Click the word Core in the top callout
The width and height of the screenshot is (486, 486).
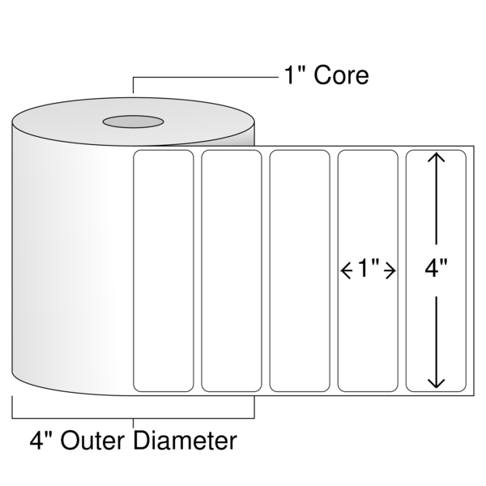pyautogui.click(x=341, y=75)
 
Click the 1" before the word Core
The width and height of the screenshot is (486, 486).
pyautogui.click(x=294, y=75)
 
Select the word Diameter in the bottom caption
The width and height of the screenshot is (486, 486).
pyautogui.click(x=185, y=441)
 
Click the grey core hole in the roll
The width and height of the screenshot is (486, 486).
pyautogui.click(x=134, y=122)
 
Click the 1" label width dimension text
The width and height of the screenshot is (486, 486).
pyautogui.click(x=369, y=268)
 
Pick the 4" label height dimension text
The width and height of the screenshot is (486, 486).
pyautogui.click(x=436, y=268)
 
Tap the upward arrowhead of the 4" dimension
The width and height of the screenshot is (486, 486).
pyautogui.click(x=436, y=157)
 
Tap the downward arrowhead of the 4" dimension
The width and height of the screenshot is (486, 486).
pyautogui.click(x=436, y=383)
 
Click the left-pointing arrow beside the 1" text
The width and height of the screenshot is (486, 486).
pyautogui.click(x=347, y=271)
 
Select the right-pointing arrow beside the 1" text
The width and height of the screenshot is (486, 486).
pyautogui.click(x=390, y=271)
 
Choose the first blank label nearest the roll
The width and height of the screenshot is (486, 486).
pyautogui.click(x=164, y=271)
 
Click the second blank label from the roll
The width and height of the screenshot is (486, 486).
pyautogui.click(x=232, y=271)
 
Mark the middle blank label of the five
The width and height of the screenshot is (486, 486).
pyautogui.click(x=300, y=271)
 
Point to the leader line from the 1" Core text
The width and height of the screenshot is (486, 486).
pyautogui.click(x=206, y=77)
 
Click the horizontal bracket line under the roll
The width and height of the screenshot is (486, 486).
pyautogui.click(x=134, y=418)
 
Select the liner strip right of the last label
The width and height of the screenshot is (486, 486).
pyautogui.click(x=470, y=271)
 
